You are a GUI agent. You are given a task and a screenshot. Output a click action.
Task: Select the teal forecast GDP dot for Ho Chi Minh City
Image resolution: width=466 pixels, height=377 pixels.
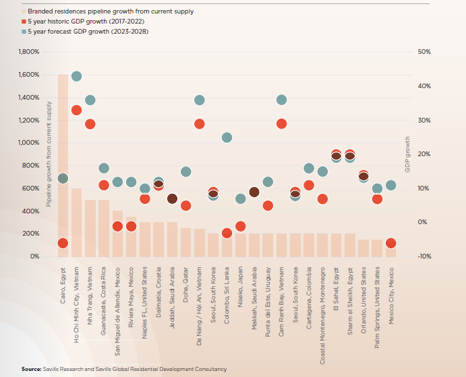[76, 77]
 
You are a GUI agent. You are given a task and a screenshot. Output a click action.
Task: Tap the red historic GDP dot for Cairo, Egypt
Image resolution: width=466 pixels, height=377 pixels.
[63, 243]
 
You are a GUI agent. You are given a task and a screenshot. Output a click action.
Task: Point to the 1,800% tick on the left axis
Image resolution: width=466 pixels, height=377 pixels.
[30, 52]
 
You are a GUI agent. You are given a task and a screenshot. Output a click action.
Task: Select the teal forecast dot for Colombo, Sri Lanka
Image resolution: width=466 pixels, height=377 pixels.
[227, 138]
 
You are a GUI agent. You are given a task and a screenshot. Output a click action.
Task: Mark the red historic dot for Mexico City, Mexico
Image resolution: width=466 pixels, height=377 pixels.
[391, 243]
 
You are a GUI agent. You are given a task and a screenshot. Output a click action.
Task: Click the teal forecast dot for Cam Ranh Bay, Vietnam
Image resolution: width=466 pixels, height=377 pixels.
[281, 100]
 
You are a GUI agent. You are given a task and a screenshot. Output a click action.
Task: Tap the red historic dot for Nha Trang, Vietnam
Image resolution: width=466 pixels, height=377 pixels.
[90, 124]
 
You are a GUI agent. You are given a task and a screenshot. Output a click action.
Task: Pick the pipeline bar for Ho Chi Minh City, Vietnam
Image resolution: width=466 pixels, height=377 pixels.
[76, 222]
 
